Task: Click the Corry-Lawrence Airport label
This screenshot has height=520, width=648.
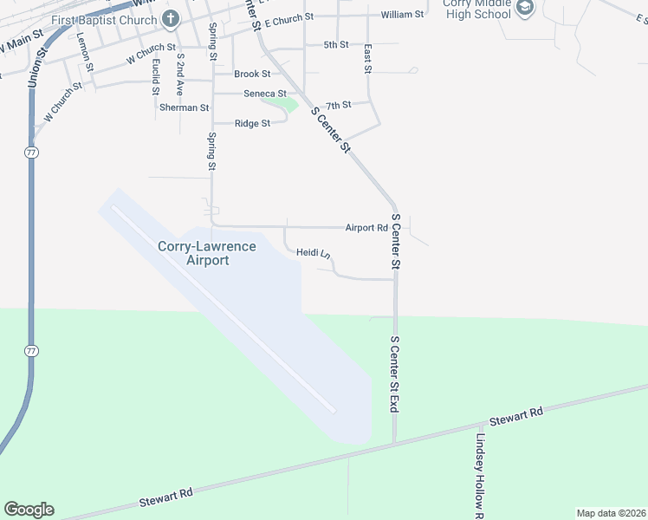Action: pyautogui.click(x=207, y=253)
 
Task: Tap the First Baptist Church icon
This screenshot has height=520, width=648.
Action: pyautogui.click(x=171, y=19)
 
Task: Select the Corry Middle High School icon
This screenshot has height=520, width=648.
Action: pyautogui.click(x=525, y=8)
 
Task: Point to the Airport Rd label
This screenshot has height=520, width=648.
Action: pyautogui.click(x=366, y=228)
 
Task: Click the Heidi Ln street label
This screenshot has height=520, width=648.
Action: pyautogui.click(x=314, y=253)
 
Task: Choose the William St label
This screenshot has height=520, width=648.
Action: pyautogui.click(x=402, y=15)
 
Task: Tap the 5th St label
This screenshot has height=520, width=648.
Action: pyautogui.click(x=335, y=44)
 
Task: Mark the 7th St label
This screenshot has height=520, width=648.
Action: pyautogui.click(x=339, y=105)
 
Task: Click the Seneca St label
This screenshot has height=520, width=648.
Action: pyautogui.click(x=265, y=94)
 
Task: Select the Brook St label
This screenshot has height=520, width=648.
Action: pyautogui.click(x=252, y=75)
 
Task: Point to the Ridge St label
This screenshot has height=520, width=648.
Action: pyautogui.click(x=253, y=123)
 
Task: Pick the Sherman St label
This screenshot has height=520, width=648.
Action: pyautogui.click(x=185, y=108)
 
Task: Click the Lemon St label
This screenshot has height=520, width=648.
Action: pyautogui.click(x=84, y=46)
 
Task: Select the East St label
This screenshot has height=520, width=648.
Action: pyautogui.click(x=368, y=58)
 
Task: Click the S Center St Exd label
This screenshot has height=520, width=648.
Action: pyautogui.click(x=395, y=374)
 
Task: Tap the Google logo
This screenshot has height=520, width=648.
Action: pyautogui.click(x=29, y=510)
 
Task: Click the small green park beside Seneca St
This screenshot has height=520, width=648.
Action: pyautogui.click(x=282, y=104)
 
